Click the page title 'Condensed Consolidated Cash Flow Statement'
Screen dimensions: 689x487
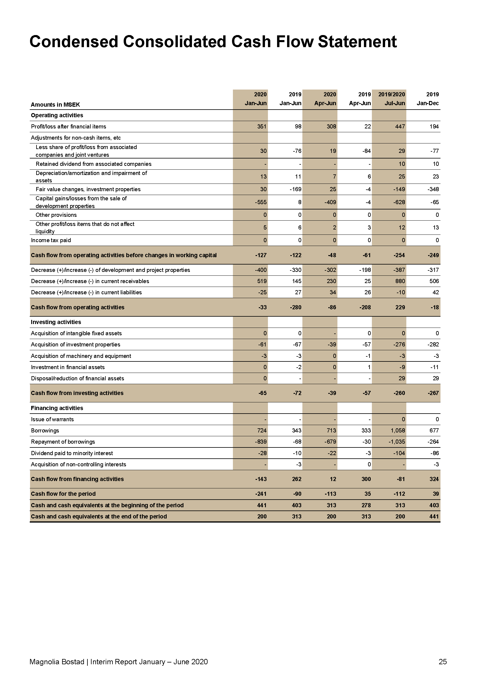(x=213, y=42)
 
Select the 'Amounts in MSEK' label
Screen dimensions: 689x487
(x=55, y=105)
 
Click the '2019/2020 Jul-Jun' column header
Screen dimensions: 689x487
(x=391, y=99)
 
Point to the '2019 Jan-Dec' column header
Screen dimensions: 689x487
(x=428, y=99)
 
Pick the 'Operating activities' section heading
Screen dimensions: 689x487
(x=57, y=115)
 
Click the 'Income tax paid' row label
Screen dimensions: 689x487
(x=51, y=240)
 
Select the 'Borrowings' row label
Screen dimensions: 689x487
(x=45, y=430)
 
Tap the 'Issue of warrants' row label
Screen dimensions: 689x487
(x=52, y=419)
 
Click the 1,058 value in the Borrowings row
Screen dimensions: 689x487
(x=398, y=430)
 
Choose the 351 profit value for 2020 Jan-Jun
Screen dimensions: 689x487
(x=262, y=126)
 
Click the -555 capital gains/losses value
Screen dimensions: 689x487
(x=261, y=202)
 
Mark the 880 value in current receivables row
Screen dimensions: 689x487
(x=400, y=281)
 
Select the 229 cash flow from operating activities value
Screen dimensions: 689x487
(x=400, y=307)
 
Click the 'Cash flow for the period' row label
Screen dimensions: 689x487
(x=63, y=494)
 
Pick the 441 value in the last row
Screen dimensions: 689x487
(x=434, y=516)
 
